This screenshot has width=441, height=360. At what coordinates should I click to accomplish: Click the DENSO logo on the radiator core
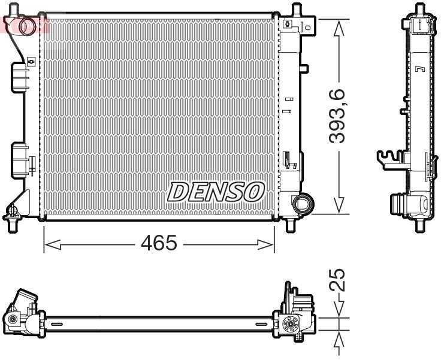216,192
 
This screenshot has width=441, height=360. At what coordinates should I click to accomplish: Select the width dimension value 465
159,244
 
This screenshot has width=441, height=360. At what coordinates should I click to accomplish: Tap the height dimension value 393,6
340,115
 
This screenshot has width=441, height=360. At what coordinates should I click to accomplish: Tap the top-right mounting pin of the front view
295,10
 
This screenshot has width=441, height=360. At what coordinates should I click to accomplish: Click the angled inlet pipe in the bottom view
25,300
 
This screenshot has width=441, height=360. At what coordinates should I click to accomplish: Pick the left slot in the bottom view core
58,324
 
